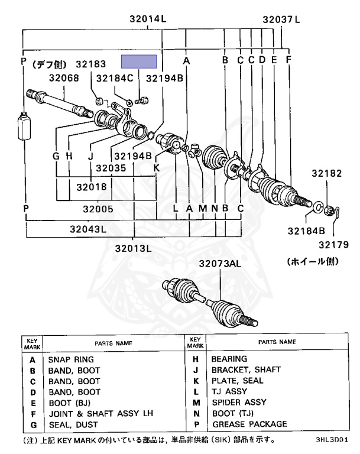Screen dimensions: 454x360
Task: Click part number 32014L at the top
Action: [148, 19]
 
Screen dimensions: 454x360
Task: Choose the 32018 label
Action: [91, 187]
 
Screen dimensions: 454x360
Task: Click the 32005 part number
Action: [98, 209]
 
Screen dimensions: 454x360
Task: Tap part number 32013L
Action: [134, 248]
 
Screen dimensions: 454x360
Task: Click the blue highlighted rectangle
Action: [139, 62]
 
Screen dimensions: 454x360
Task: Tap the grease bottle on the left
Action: [25, 125]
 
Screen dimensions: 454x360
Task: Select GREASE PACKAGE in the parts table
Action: [248, 424]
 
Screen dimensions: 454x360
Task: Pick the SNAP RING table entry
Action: [70, 359]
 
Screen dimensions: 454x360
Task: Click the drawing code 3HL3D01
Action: [332, 440]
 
